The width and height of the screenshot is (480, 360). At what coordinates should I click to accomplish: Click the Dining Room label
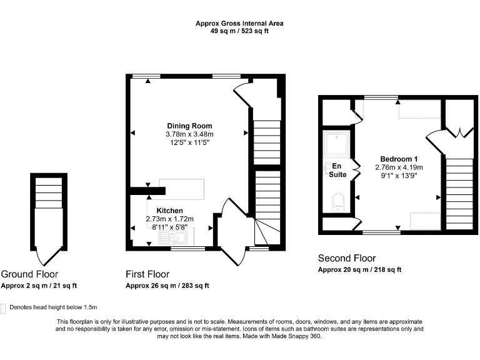coord(189,126)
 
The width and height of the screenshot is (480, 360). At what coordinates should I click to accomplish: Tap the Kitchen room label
coord(169,210)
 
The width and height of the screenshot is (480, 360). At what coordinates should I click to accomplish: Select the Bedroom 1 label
coord(399,159)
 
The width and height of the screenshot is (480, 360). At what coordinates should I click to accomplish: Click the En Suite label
coord(337,170)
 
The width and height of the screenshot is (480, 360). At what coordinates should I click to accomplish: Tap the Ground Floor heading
coord(29,274)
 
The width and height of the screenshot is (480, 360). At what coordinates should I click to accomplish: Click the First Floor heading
coord(147,274)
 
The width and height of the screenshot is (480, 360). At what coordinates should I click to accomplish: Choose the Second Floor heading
coord(347,258)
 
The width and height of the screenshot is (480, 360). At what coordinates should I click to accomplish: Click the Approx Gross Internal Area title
coord(239,23)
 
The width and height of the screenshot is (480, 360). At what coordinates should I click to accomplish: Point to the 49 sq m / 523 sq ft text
coord(239,31)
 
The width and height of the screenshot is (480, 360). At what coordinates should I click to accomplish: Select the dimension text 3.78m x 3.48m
coord(189,134)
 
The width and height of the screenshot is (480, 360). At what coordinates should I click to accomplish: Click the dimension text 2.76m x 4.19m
coord(399,167)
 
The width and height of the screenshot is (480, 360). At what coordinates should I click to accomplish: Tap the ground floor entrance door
coord(48,256)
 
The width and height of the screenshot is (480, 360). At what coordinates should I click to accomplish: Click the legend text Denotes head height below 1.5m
coord(53,307)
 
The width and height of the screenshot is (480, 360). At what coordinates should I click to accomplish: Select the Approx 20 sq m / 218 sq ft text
coord(359,270)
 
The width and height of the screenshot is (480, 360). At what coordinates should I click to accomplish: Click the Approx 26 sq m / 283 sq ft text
coord(167,286)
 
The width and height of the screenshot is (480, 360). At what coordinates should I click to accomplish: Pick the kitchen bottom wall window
coord(187,249)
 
